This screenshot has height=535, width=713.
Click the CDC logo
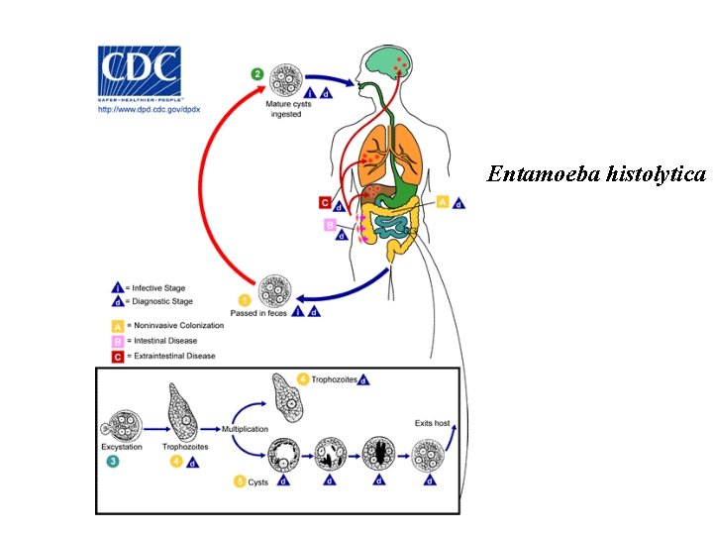(x=139, y=69)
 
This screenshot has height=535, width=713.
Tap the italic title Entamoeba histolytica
(x=596, y=174)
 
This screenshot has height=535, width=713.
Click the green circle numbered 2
(x=257, y=73)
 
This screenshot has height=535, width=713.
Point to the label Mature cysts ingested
(x=285, y=108)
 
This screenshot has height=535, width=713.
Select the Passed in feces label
(x=258, y=314)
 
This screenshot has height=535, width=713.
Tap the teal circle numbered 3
(x=114, y=461)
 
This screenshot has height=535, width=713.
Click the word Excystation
(x=120, y=447)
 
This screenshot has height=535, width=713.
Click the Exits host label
(x=432, y=423)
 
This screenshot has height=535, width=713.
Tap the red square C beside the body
(x=325, y=202)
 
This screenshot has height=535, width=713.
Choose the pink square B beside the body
(x=329, y=225)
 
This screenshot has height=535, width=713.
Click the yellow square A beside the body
(x=443, y=201)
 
